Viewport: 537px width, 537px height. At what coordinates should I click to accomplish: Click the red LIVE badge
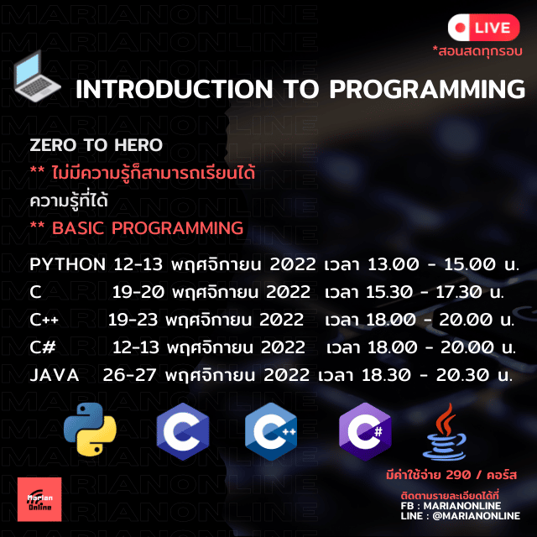[483, 28]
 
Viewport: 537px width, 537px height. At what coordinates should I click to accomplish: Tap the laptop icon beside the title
[37, 76]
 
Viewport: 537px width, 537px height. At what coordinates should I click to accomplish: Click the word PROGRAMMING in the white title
[427, 90]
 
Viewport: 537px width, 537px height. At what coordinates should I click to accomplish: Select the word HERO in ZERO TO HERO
[138, 145]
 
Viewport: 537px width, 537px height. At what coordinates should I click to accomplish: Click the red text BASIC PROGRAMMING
[148, 228]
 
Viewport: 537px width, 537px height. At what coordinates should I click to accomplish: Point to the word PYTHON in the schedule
[67, 264]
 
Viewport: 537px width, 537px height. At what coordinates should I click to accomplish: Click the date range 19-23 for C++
[133, 320]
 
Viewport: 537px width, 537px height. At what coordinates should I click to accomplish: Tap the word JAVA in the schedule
[55, 375]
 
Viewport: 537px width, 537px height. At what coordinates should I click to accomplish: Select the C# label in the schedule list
[43, 347]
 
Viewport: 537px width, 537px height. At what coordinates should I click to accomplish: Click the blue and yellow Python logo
[90, 430]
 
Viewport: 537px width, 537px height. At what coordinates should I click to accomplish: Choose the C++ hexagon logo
[271, 431]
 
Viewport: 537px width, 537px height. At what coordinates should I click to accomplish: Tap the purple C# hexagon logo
[365, 431]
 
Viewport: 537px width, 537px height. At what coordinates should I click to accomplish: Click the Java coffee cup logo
[445, 431]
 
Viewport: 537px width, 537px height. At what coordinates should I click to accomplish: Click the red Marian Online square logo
[39, 499]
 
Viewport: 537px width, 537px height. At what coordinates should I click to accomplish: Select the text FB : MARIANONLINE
[451, 506]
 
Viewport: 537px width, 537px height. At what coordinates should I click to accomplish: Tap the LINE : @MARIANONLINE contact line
[461, 516]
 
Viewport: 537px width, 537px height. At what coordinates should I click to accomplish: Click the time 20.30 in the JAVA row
[462, 375]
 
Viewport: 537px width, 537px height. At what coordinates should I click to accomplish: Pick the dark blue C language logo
[183, 431]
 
